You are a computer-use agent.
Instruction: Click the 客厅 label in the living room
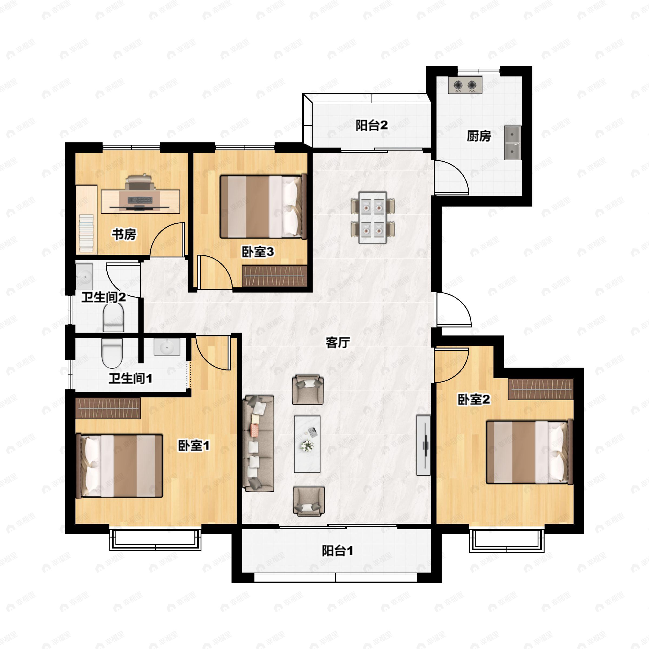tap(338, 343)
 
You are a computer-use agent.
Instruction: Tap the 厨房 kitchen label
tap(479, 136)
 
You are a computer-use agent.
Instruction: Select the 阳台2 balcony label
tap(372, 125)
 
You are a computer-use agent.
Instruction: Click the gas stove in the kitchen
tap(465, 85)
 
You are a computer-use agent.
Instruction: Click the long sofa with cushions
tap(258, 443)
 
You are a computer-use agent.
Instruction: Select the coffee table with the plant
tap(307, 444)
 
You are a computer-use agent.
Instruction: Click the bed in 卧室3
tap(263, 207)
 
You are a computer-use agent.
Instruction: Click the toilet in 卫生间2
tap(113, 318)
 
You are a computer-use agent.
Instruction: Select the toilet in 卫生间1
tap(112, 353)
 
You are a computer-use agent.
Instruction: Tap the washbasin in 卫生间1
tap(167, 347)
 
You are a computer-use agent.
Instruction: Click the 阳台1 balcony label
tap(337, 551)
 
